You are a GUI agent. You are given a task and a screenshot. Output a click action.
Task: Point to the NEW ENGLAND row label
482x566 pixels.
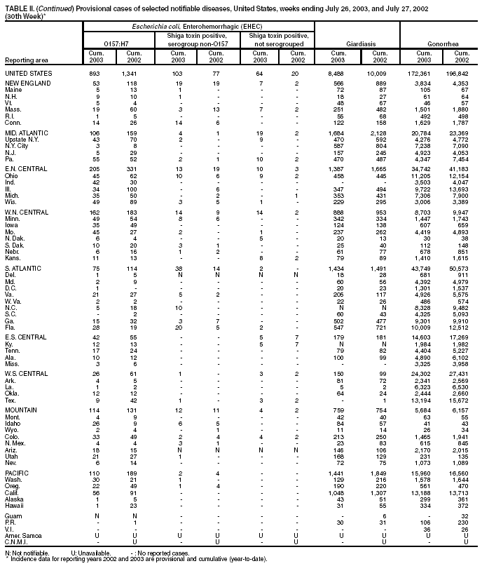[27, 83]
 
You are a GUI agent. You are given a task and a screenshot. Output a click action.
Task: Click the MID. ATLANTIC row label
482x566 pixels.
[27, 133]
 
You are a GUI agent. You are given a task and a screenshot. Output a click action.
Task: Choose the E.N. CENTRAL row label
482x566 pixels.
[26, 170]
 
